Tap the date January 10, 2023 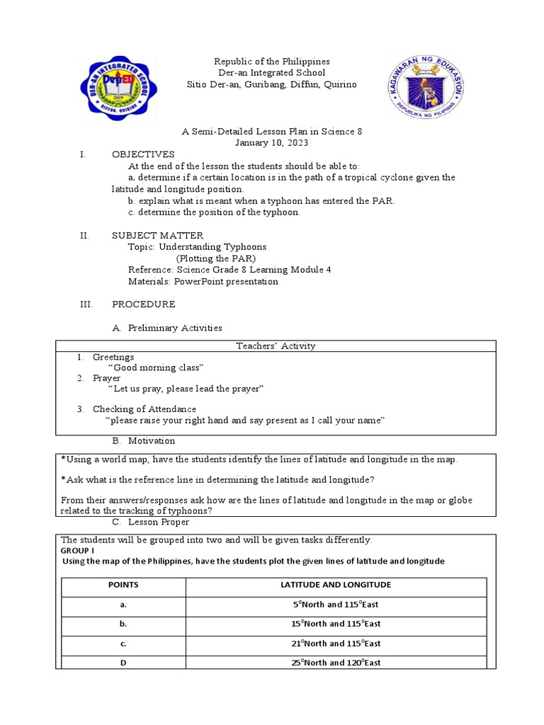click(x=272, y=143)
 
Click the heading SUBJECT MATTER click(x=157, y=235)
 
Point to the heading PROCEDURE click(x=144, y=304)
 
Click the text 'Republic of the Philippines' click(x=272, y=62)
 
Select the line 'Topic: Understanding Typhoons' click(x=197, y=247)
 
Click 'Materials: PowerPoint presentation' click(x=203, y=281)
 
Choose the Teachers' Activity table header click(x=276, y=346)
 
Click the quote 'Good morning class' click(x=156, y=368)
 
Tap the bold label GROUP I click(x=78, y=550)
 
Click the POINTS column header click(x=123, y=586)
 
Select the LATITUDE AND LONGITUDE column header click(x=336, y=586)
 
